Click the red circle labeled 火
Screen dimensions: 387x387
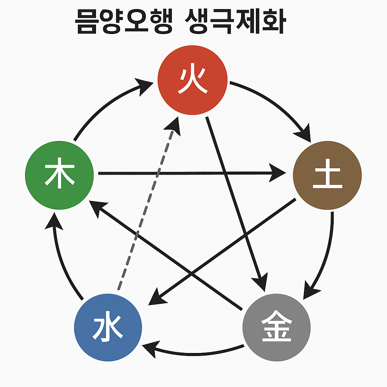(x=192, y=80)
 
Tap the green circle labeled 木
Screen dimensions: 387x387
(x=59, y=174)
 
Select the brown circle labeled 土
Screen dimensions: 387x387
(x=327, y=175)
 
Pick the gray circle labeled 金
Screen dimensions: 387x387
(x=276, y=327)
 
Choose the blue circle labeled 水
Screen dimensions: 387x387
(x=108, y=328)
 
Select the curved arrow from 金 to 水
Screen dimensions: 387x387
(x=193, y=354)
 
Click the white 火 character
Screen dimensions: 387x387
(x=192, y=80)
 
